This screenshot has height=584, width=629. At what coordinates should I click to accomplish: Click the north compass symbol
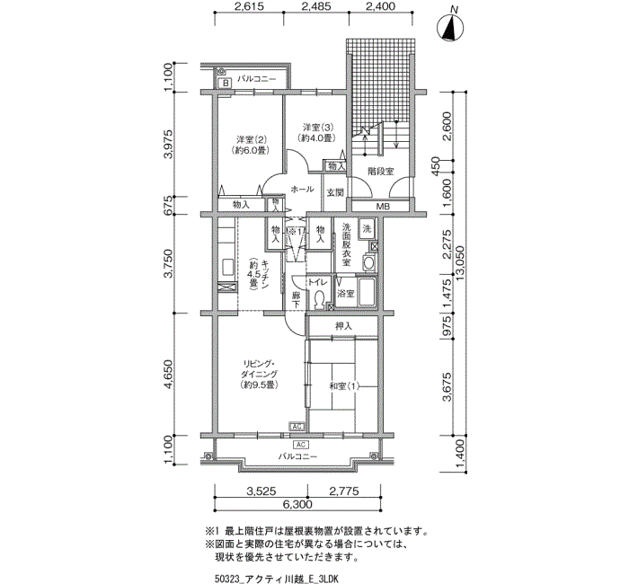pos(450,26)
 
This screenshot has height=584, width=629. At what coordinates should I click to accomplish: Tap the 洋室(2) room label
pos(252,140)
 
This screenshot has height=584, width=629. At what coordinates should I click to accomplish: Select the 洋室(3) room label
pos(318,128)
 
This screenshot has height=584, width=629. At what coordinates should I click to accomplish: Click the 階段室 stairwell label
pos(381,172)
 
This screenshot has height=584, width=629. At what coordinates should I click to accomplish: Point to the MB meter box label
pos(383,207)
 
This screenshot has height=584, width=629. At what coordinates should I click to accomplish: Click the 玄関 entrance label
pos(335,192)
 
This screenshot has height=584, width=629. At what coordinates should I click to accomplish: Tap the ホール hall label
pos(302,189)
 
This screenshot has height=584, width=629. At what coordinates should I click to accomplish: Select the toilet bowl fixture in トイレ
pos(320,300)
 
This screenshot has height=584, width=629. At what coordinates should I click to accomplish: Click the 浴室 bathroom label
pos(345,294)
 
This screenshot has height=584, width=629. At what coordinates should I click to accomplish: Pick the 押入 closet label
pos(344,326)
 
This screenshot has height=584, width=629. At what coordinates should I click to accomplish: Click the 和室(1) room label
pos(344,386)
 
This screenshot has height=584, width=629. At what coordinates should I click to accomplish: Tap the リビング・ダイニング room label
pos(259,369)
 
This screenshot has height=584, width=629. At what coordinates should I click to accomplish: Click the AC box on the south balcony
pos(301,445)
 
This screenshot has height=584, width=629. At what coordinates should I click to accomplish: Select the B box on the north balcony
pos(226,84)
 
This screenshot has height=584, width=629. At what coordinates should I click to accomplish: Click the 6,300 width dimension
pos(297,504)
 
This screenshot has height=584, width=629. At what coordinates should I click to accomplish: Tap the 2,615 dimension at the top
pos(250,6)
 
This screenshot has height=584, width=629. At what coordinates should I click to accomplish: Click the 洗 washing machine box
pos(367,229)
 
